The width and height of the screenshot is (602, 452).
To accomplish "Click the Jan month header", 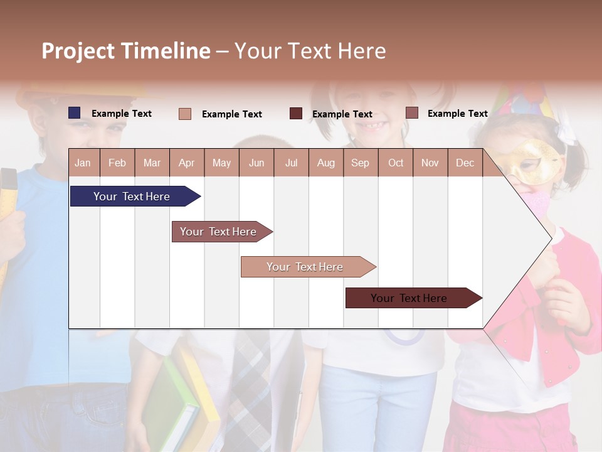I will [83, 163].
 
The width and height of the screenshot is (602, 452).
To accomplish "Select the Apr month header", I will [186, 163].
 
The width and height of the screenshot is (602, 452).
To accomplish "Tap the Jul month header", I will [291, 163].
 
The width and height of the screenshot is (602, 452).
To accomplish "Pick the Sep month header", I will [360, 163].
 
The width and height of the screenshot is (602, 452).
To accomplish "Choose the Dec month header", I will [465, 163].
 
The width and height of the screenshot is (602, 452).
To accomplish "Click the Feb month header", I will [117, 163].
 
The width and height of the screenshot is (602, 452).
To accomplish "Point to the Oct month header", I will [396, 163].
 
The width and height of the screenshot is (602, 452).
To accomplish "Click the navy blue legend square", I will [75, 113].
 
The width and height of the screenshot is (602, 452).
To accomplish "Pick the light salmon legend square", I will [185, 114].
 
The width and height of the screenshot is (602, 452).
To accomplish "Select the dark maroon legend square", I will [296, 114].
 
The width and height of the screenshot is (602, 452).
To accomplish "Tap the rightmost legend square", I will [411, 113].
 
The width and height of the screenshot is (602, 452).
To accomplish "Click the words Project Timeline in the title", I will [126, 51].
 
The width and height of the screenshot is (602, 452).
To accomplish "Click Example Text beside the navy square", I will [122, 114].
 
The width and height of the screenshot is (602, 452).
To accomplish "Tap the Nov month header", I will [430, 163].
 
